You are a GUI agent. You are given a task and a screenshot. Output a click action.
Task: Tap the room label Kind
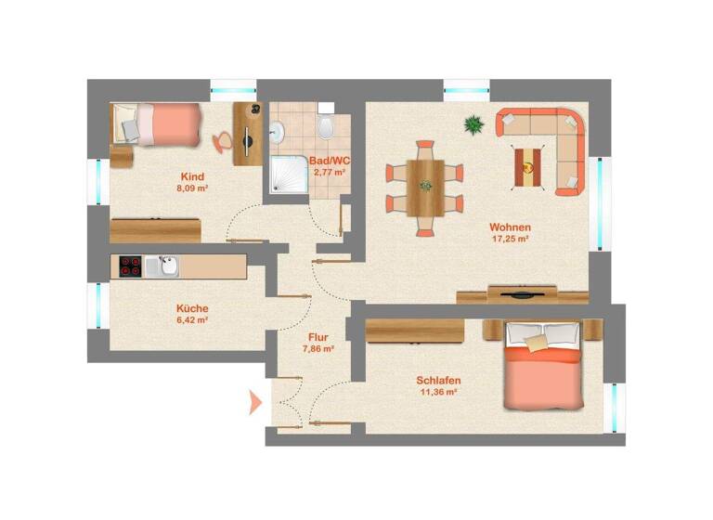point(193,176)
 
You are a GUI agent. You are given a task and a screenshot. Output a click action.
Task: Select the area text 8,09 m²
point(193,188)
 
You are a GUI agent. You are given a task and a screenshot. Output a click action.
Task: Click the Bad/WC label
point(330,161)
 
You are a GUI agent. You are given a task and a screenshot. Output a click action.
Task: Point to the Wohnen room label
point(511,227)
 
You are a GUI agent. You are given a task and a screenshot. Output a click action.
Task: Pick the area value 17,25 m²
point(511,239)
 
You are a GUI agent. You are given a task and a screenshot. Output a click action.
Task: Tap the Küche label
point(192,308)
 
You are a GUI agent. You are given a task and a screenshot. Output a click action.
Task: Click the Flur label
point(318,338)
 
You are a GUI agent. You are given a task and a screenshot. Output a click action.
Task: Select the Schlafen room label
point(439,381)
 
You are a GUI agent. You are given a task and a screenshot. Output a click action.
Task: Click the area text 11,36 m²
point(439,392)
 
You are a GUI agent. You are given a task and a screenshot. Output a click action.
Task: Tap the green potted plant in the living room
point(474,123)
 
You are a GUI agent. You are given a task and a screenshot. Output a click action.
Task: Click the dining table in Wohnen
point(425,184)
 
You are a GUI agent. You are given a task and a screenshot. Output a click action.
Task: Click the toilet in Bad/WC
point(325,127)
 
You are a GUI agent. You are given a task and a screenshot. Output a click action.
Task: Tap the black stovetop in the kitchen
point(130,266)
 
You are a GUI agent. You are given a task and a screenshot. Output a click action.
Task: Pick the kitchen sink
point(167,266)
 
